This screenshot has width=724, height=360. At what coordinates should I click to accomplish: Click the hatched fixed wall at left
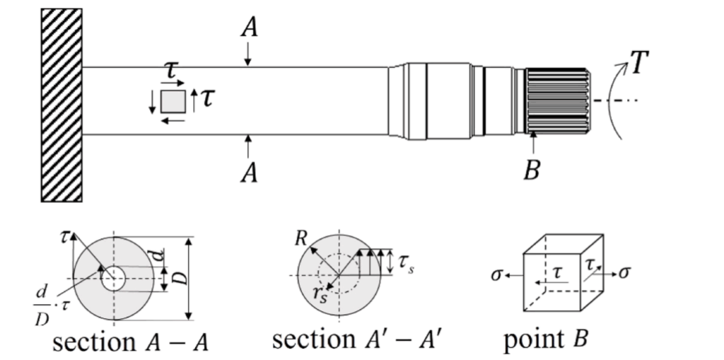point(62,105)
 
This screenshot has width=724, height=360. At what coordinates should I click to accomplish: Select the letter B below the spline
point(532,170)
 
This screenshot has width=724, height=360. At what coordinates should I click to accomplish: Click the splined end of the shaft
point(557,100)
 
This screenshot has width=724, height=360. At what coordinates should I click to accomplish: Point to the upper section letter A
point(248,27)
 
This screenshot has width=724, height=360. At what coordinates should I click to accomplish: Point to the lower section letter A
point(248,171)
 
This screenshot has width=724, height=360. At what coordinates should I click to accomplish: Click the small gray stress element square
point(173,101)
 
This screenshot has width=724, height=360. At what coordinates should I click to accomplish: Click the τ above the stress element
point(170,71)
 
